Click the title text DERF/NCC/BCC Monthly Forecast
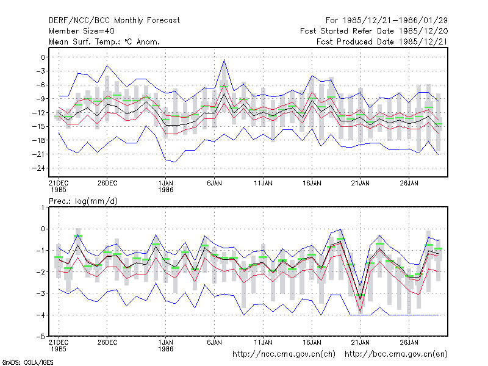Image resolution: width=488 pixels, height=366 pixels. [114, 21]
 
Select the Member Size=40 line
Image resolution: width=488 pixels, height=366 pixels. [82, 31]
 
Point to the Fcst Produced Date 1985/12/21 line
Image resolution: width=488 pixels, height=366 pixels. [382, 41]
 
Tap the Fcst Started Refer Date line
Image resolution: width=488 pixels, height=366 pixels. [374, 31]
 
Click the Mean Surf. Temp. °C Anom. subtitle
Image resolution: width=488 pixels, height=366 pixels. [104, 41]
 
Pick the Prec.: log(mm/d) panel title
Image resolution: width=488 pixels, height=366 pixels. [83, 201]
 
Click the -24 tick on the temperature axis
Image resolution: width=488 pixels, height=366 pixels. [39, 168]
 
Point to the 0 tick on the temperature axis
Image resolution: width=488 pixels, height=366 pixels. [43, 57]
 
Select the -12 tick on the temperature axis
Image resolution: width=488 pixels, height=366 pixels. [39, 113]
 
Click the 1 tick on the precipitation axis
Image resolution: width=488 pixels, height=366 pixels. [43, 207]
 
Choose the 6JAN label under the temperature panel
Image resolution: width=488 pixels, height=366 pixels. [215, 184]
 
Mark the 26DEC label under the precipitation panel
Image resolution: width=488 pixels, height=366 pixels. [107, 342]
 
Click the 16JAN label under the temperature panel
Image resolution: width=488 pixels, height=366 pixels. [312, 184]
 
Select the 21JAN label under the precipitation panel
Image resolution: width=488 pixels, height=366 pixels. [361, 342]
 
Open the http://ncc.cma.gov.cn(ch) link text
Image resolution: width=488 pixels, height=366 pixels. [284, 354]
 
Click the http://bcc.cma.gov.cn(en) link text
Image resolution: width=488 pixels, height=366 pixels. [396, 354]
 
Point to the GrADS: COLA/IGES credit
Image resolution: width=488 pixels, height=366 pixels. [27, 362]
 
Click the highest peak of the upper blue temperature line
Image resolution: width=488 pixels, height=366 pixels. [224, 60]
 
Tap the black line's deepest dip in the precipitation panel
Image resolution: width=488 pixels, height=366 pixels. [361, 300]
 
